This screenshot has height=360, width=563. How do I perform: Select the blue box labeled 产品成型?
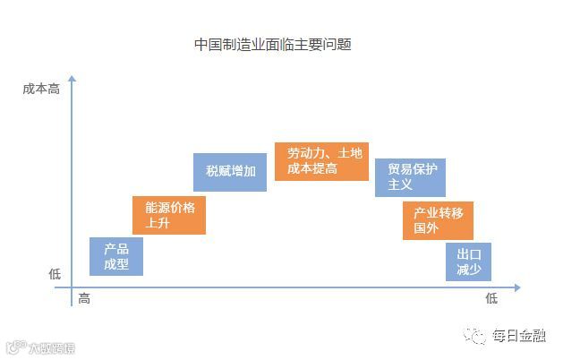tap(116, 256)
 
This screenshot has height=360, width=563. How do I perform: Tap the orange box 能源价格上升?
tap(169, 215)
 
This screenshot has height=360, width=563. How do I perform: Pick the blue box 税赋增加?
tap(230, 172)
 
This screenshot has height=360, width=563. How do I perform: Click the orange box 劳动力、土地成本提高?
tap(320, 161)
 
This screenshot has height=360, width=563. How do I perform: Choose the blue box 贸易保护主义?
tap(410, 176)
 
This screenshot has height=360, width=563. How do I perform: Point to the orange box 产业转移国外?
tap(438, 220)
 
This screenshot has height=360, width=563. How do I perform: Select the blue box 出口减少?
tap(468, 261)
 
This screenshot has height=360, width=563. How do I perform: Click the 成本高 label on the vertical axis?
tap(41, 90)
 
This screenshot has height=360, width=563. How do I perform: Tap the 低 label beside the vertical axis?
tap(55, 275)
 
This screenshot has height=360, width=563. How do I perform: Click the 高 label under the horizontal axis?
tap(84, 299)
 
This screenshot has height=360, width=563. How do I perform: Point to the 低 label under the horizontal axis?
tap(490, 299)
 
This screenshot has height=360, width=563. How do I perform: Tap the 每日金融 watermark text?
tap(520, 336)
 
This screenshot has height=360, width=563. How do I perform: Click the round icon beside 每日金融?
tap(475, 335)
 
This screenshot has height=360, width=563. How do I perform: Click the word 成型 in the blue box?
tap(116, 264)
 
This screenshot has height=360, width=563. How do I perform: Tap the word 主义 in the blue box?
tap(400, 184)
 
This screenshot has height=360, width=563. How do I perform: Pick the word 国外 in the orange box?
tap(426, 228)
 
